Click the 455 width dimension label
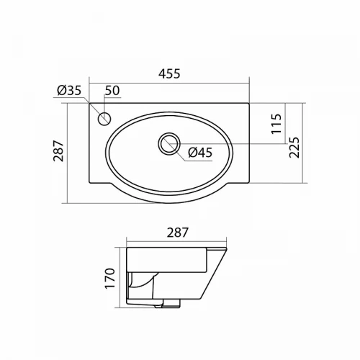(169, 73)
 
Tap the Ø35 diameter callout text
(69, 91)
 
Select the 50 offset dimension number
(112, 91)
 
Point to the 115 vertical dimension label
(276, 124)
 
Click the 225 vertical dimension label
(294, 147)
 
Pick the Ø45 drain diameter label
(200, 153)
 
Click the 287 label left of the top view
(58, 150)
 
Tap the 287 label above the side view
(178, 233)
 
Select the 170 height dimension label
(110, 279)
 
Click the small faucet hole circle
(104, 119)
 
